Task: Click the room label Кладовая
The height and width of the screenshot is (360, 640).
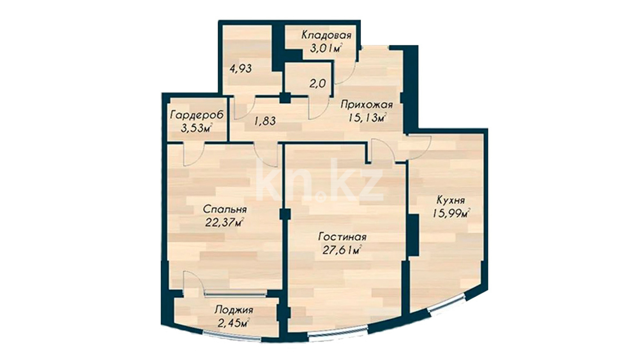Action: (x=326, y=35)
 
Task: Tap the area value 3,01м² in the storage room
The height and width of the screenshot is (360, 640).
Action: (x=326, y=49)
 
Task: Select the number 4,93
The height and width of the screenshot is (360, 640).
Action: (x=241, y=69)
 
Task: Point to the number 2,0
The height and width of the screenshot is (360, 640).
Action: (x=317, y=83)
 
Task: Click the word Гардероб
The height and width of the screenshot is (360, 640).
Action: (x=197, y=115)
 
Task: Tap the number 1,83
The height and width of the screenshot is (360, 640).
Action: (x=265, y=121)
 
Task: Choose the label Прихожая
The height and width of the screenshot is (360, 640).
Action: (x=367, y=105)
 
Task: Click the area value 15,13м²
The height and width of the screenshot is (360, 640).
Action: (x=367, y=118)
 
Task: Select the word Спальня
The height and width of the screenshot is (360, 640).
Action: (x=225, y=209)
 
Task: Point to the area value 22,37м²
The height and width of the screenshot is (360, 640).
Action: (x=224, y=222)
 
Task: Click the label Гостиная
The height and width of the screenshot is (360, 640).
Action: (x=342, y=237)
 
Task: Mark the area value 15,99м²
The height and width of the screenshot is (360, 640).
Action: (x=451, y=213)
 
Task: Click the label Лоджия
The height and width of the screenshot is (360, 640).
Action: (x=234, y=310)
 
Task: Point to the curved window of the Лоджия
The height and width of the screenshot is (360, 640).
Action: (x=232, y=335)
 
